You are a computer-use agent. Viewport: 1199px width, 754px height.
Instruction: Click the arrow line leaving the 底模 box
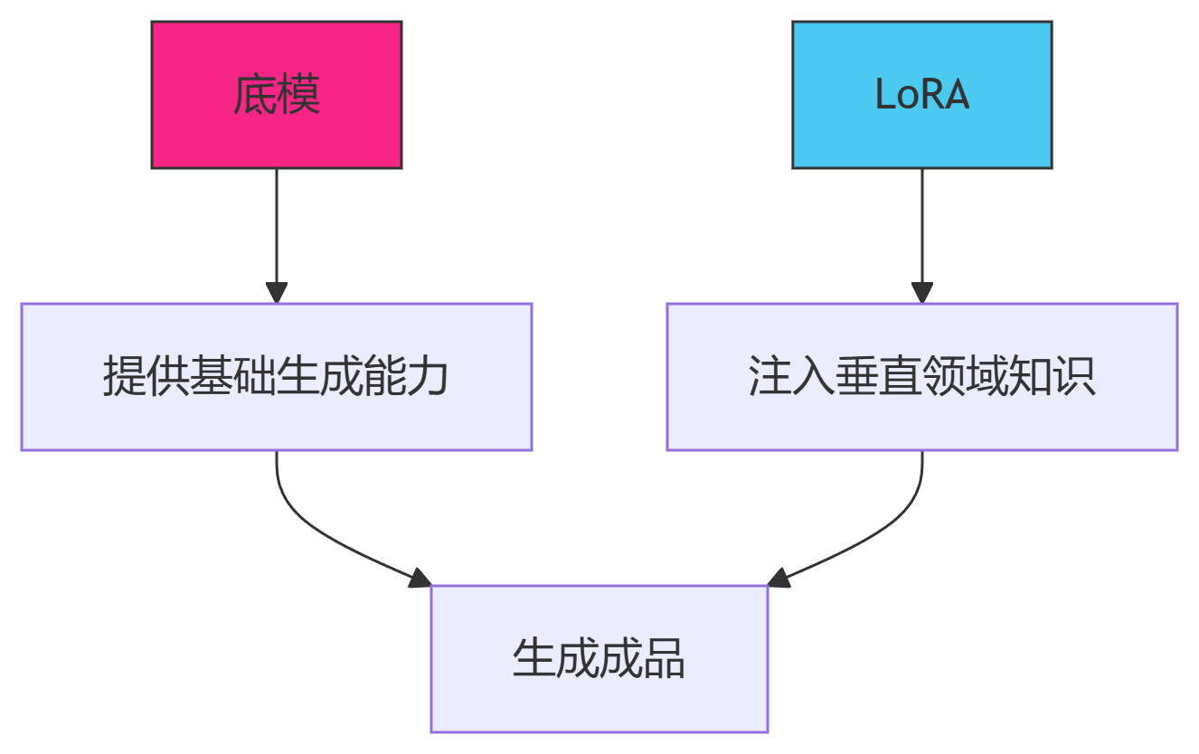[x=277, y=226]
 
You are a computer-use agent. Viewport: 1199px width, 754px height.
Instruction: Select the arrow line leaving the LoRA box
[x=921, y=226]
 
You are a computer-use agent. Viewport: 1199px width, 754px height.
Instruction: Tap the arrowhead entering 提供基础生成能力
[x=277, y=293]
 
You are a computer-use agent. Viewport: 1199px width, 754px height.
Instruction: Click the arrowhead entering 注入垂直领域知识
[x=921, y=293]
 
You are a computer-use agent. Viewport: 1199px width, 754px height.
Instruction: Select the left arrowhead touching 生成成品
[x=420, y=577]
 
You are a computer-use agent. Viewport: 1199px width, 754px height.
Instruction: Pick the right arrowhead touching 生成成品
[x=779, y=577]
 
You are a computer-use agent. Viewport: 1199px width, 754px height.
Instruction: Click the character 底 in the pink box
[x=254, y=95]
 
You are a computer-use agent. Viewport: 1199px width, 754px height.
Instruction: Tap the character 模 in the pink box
[x=298, y=95]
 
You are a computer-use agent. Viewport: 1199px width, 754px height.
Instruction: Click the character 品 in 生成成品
[x=665, y=659]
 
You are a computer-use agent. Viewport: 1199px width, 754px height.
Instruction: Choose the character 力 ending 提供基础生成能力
[x=429, y=377]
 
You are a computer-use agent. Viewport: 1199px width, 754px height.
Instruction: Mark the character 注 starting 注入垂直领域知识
[x=769, y=377]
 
